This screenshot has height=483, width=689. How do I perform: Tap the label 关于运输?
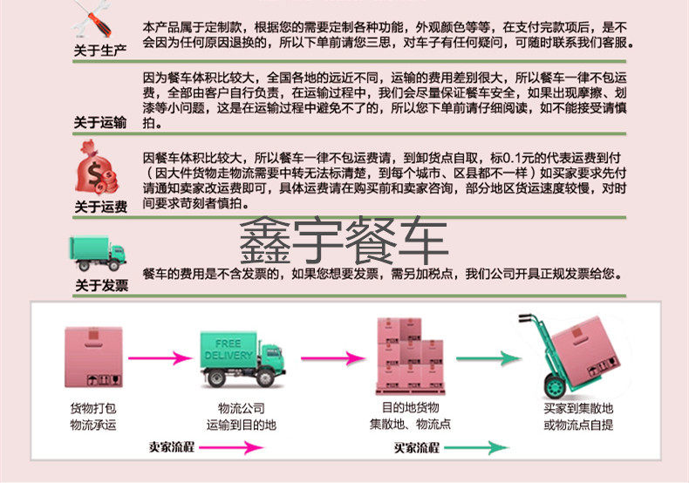(x=100, y=122)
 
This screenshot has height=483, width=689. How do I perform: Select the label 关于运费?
(x=100, y=207)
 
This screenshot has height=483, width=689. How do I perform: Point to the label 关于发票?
(x=100, y=285)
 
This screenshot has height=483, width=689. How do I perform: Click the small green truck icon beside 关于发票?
(x=98, y=254)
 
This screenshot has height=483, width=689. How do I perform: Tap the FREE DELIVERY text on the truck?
(x=228, y=350)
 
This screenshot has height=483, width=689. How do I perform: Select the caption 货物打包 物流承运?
(x=92, y=416)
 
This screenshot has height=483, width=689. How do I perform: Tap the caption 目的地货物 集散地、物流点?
(x=410, y=416)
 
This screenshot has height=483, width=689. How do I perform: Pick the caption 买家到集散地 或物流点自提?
(x=577, y=416)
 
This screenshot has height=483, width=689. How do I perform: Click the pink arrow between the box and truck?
(x=160, y=357)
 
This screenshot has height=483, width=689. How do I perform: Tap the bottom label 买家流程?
(x=416, y=447)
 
